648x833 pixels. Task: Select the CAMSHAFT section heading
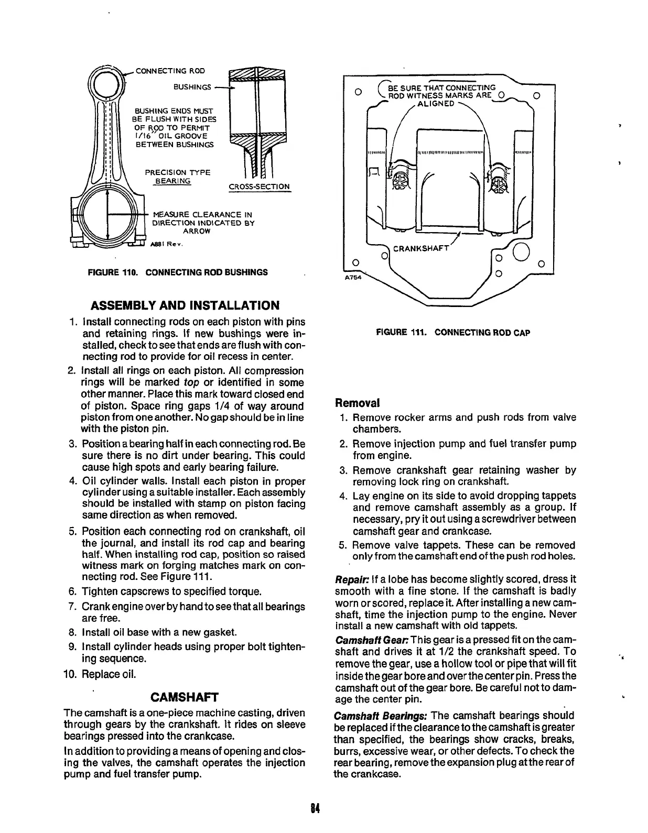(x=183, y=697)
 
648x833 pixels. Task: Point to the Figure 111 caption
(x=453, y=333)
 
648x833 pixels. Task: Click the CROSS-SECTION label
(x=259, y=187)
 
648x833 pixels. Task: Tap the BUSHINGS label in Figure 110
(x=193, y=87)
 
